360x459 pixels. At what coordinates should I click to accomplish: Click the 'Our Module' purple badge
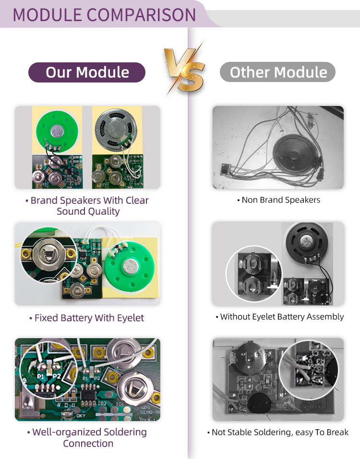coord(87,72)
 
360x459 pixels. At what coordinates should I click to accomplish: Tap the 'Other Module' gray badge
coord(278,72)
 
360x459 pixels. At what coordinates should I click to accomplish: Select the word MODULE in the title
coord(48,15)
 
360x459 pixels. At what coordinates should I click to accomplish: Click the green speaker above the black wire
coord(58,130)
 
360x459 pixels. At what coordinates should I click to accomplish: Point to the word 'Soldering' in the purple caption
coord(125,432)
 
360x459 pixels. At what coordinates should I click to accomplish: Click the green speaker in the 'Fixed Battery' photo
coord(130,266)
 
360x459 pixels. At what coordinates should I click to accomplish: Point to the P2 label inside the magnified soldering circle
coord(56,376)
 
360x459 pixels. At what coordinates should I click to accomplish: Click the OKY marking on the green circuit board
coord(81,416)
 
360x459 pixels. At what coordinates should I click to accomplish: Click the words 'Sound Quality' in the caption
coord(88,212)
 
